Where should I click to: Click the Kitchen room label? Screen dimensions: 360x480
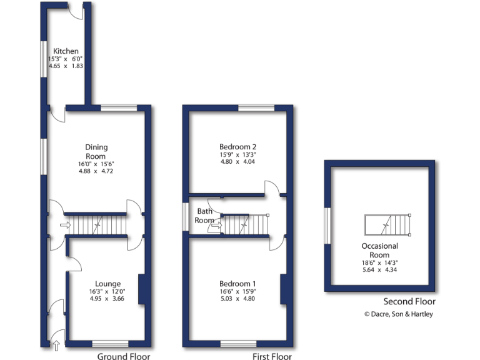[66, 51]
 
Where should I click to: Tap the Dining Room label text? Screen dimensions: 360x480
[96, 152]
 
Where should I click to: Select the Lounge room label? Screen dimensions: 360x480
[107, 284]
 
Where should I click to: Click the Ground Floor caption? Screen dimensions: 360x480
[124, 357]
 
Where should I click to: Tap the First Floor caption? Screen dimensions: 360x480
[272, 357]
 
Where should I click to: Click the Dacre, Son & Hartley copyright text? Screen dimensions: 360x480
[398, 314]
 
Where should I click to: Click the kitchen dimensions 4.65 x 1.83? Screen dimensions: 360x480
[66, 66]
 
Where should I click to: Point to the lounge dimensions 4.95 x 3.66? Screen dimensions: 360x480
[107, 299]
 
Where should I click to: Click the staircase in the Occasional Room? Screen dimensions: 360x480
[387, 224]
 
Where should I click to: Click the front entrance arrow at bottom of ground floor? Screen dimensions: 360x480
[56, 342]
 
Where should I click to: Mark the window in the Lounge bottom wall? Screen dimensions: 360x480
[110, 343]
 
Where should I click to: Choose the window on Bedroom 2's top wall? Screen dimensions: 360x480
[256, 108]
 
